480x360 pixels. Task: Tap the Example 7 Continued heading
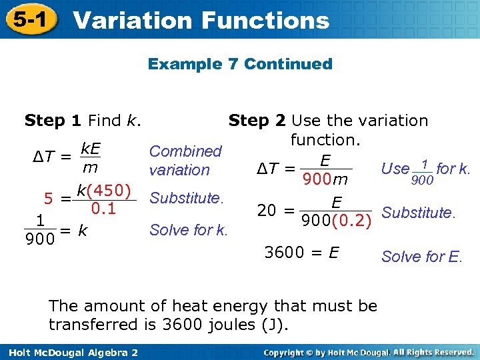(240, 64)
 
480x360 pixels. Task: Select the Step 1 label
(53, 121)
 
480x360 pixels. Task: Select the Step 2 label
(257, 121)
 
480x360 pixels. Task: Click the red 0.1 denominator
(103, 209)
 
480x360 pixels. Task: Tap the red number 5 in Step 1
(49, 198)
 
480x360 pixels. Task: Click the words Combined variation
(185, 161)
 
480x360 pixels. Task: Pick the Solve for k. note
(189, 231)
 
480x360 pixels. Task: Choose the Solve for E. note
(421, 257)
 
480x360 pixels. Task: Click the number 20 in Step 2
(267, 211)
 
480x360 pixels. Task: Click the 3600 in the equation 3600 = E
(285, 252)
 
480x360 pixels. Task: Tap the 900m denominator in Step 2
(325, 179)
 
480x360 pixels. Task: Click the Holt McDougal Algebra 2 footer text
(69, 352)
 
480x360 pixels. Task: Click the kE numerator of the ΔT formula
(91, 147)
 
